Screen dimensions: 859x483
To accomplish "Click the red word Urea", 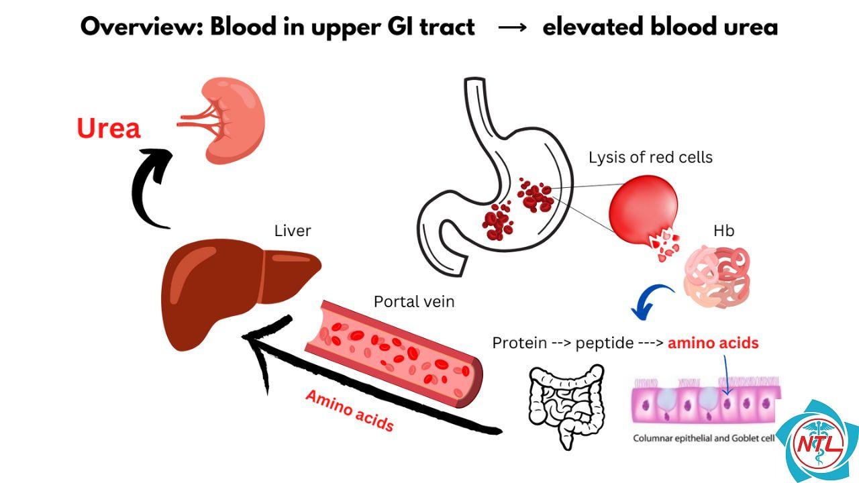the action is pyautogui.click(x=109, y=128).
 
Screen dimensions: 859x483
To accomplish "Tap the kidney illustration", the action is pyautogui.click(x=230, y=121).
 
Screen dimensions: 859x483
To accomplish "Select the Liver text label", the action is pyautogui.click(x=293, y=231).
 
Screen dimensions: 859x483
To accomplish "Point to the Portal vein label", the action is pyautogui.click(x=414, y=302).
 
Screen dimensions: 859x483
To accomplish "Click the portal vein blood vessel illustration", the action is pyautogui.click(x=394, y=354).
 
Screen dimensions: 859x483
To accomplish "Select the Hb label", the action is pyautogui.click(x=723, y=231).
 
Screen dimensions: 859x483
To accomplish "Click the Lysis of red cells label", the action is pyautogui.click(x=650, y=157).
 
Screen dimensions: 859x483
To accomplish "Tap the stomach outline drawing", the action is pyautogui.click(x=495, y=180).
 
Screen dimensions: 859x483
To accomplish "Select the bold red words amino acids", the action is pyautogui.click(x=713, y=343).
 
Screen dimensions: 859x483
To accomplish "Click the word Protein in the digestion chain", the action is pyautogui.click(x=519, y=343).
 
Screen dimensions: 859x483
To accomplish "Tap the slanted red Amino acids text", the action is pyautogui.click(x=350, y=411).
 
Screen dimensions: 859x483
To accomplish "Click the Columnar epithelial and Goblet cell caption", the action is pyautogui.click(x=704, y=438).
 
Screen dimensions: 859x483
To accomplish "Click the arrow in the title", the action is pyautogui.click(x=512, y=28).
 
